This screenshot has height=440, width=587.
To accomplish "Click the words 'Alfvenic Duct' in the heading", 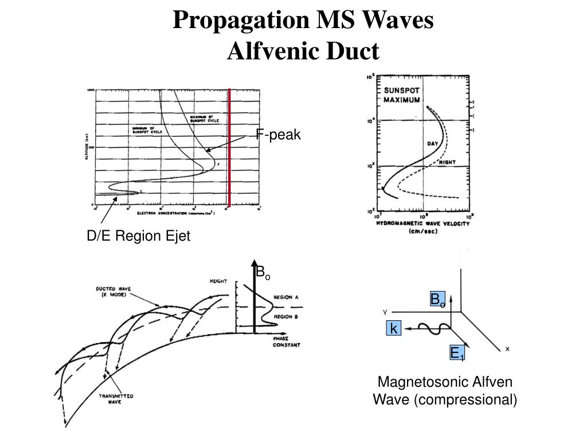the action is coord(304,51).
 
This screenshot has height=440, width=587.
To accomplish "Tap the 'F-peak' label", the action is coord(278,135).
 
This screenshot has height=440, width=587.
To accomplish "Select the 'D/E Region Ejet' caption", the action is coord(138,237).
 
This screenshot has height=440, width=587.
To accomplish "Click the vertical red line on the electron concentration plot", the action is coord(229,148).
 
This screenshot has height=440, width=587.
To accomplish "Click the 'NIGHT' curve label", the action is coord(448,162).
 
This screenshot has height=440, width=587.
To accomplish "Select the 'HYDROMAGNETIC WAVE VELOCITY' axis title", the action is coord(423,223).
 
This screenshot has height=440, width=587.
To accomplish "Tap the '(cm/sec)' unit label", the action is coord(423,232).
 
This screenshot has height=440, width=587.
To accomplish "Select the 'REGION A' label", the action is coord(287,297).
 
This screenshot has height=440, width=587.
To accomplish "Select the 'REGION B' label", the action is coord(287,316).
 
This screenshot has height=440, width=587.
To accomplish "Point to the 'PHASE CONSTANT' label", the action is coord(287,341).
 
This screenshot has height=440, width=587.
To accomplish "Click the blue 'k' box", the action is coord(394,328).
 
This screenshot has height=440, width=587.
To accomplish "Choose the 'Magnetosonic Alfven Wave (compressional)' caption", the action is coord(445,391).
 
